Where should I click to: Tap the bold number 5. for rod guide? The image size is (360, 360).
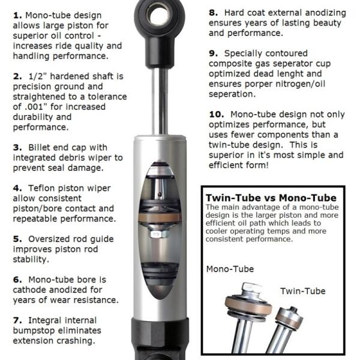17,239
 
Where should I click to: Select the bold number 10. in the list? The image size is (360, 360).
217,114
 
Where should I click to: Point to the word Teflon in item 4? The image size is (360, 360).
44,188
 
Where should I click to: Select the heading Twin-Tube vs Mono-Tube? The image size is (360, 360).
271,197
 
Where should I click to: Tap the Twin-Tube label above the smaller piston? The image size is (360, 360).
303,291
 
